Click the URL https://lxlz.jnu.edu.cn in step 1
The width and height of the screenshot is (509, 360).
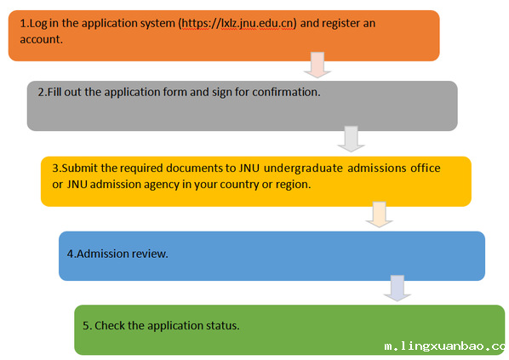click(x=237, y=23)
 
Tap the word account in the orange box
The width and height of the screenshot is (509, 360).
click(x=41, y=39)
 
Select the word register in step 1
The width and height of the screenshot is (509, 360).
click(x=340, y=24)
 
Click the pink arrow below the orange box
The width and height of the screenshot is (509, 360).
click(x=317, y=65)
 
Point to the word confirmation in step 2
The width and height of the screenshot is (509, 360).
click(x=286, y=92)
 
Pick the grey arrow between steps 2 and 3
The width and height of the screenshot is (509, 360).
click(x=351, y=139)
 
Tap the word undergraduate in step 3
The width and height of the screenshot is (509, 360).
click(x=303, y=169)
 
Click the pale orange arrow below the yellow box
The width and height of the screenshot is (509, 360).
click(x=379, y=214)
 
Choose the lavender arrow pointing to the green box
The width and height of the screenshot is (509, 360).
click(x=397, y=289)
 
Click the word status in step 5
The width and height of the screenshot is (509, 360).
click(x=221, y=326)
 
